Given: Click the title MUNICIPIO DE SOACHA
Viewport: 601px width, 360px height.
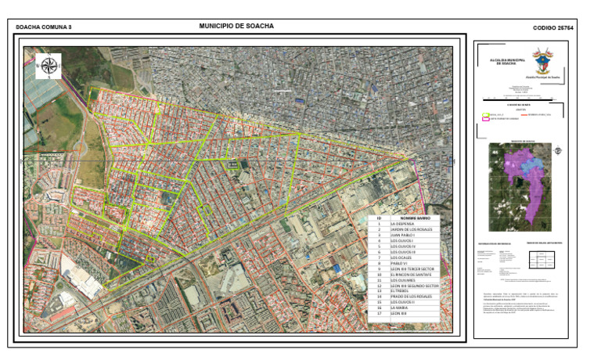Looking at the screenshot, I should pos(236,26).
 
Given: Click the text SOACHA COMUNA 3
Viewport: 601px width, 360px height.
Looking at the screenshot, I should pos(44,27).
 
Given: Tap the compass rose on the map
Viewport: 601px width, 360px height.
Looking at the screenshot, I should pos(49,66).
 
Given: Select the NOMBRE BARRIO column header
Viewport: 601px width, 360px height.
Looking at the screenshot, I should pos(413,218).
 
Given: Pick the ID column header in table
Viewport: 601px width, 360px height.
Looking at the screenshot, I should pos(379,218).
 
